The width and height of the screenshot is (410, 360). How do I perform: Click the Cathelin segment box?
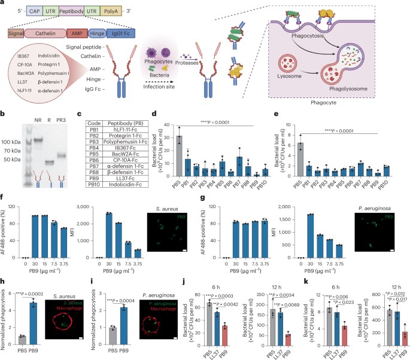[x=50, y=35]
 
